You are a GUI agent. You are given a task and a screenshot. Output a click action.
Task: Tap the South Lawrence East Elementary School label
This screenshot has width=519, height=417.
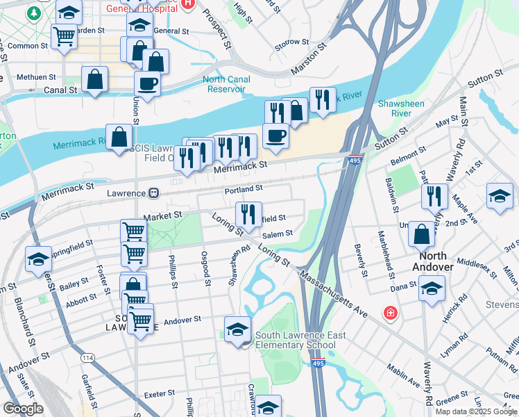(300, 341)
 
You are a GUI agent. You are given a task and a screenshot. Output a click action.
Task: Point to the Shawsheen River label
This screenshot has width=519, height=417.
(401, 108)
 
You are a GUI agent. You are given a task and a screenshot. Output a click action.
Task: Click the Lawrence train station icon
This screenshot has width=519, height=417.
(155, 193)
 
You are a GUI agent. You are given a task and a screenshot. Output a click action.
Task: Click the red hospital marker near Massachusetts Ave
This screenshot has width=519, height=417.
(390, 313)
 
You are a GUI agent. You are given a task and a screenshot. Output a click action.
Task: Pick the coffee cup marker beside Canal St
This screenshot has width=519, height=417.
(147, 85)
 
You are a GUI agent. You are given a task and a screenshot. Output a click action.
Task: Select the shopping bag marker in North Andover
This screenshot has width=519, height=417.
(421, 234)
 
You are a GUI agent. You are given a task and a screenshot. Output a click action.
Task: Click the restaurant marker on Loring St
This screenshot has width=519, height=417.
(248, 215)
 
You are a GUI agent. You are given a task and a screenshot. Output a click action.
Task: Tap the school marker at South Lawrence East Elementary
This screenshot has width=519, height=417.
(237, 329)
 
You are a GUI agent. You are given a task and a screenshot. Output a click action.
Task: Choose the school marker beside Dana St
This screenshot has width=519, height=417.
(432, 288)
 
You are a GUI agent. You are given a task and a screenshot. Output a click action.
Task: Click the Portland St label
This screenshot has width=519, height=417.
(244, 188)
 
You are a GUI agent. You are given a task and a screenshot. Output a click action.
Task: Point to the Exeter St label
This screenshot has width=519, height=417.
(159, 394)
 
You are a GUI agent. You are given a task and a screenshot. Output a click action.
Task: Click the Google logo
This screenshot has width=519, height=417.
(23, 409)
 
